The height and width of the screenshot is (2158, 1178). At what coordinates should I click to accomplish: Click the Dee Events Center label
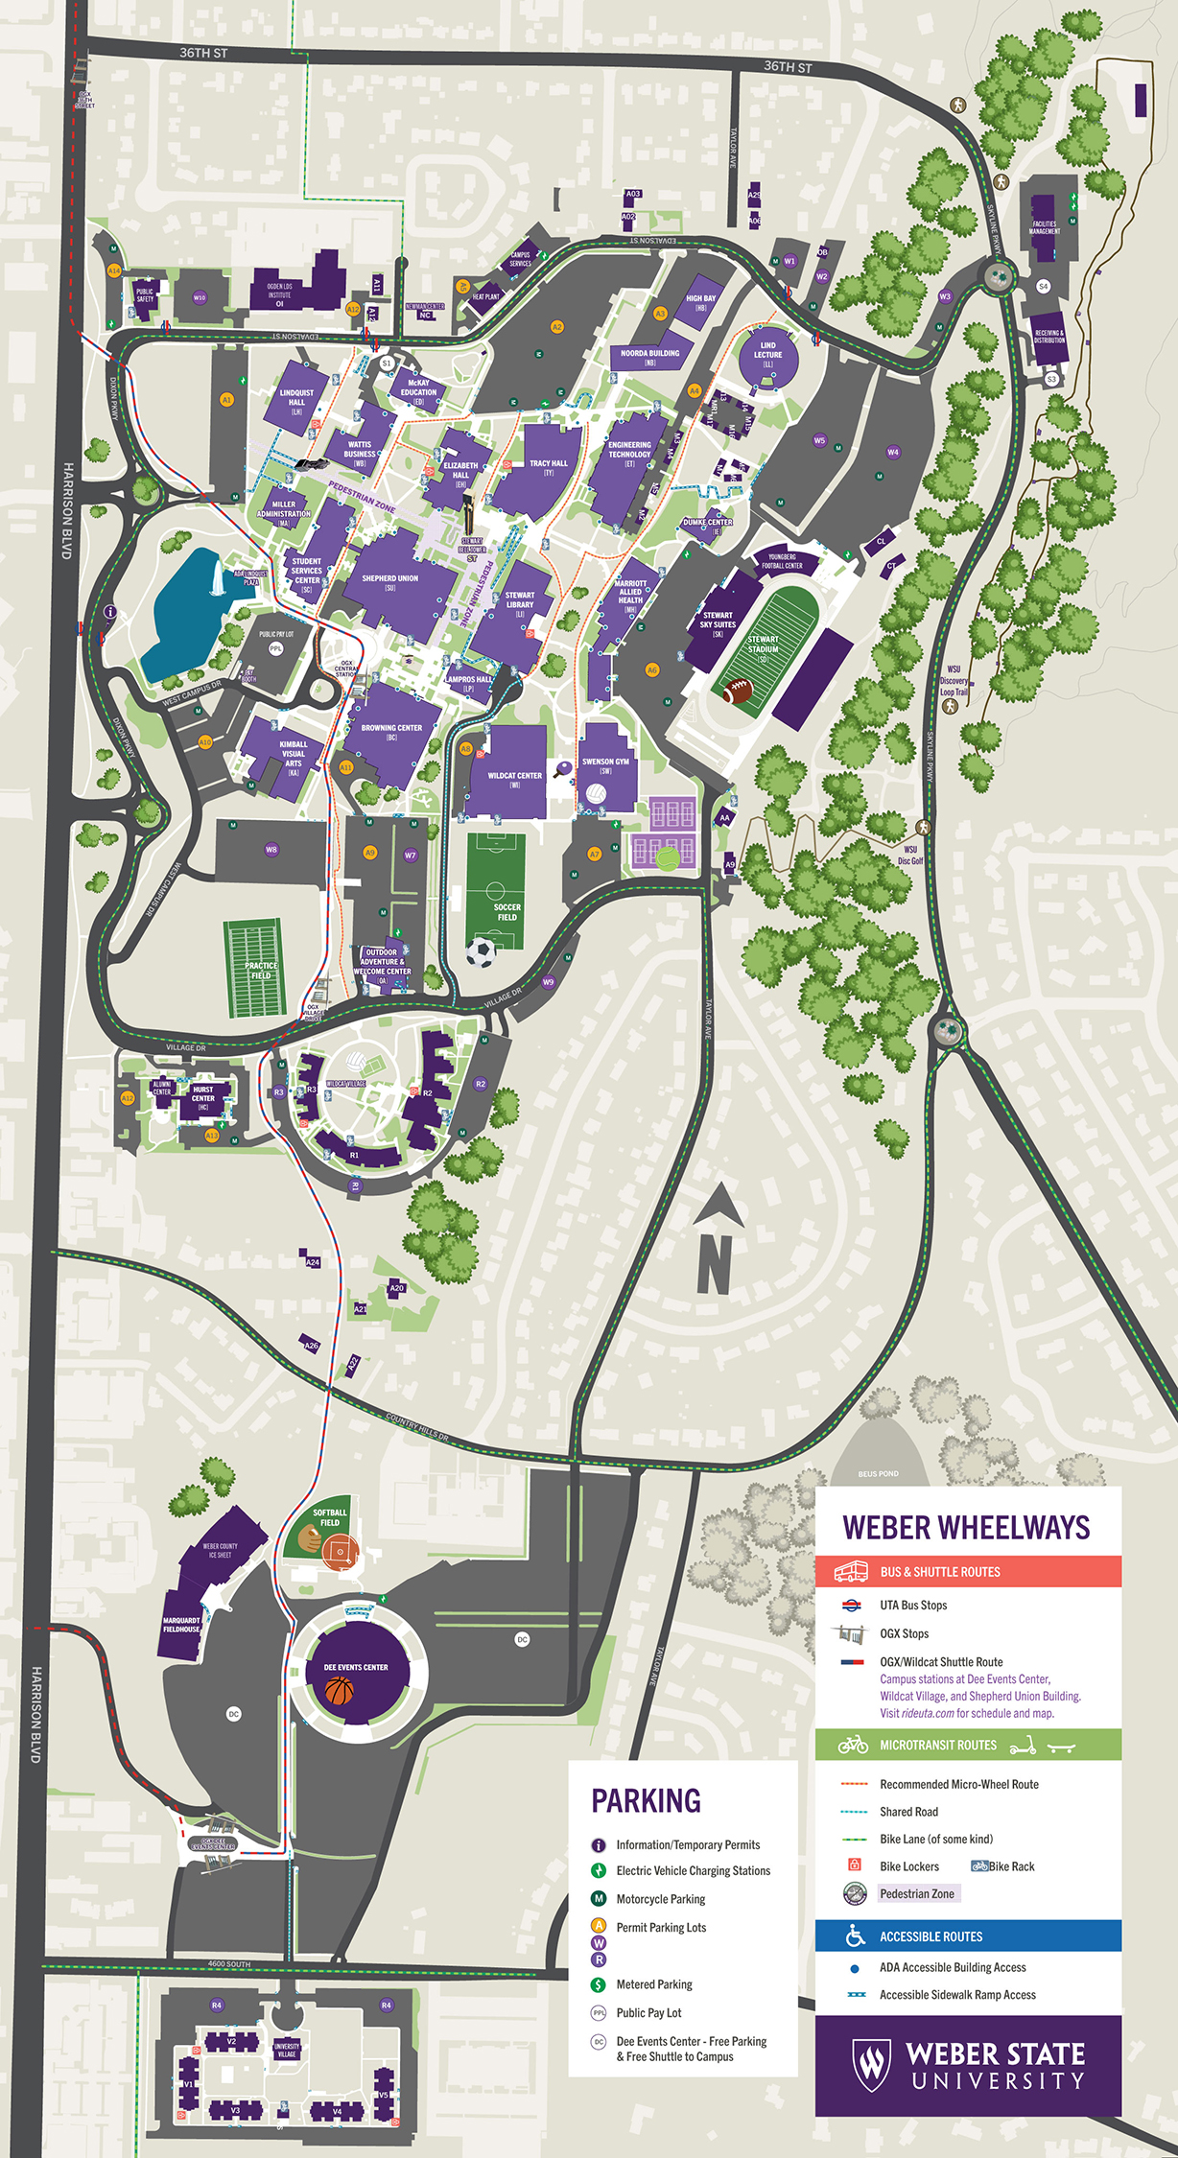click(356, 1667)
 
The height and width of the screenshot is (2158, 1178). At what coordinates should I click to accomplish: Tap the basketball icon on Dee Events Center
click(339, 1691)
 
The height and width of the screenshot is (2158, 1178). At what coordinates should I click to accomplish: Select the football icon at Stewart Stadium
click(738, 690)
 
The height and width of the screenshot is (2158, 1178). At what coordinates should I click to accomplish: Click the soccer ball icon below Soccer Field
click(481, 952)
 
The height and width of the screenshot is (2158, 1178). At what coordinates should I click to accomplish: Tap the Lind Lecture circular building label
click(767, 355)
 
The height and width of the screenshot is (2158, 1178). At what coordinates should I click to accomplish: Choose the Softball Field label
click(330, 1517)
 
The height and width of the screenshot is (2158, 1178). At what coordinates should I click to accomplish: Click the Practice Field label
click(260, 971)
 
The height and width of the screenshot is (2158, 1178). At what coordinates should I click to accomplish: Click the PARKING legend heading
click(646, 1801)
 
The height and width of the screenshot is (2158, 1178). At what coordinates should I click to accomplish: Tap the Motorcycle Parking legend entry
click(660, 1899)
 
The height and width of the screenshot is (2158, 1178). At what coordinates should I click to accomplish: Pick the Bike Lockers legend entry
click(908, 1866)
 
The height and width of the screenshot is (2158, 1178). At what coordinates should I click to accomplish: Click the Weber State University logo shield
click(871, 2065)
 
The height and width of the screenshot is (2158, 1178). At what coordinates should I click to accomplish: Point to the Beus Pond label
click(878, 1474)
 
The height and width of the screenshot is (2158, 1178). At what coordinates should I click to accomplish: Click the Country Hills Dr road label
click(417, 1427)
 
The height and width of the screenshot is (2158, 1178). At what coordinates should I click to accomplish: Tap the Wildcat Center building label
click(514, 776)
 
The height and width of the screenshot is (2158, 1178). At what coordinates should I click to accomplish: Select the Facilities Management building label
click(1044, 227)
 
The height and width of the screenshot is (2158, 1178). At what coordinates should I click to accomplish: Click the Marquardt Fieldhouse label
click(181, 1625)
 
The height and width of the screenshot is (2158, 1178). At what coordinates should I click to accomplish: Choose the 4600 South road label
click(229, 1963)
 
